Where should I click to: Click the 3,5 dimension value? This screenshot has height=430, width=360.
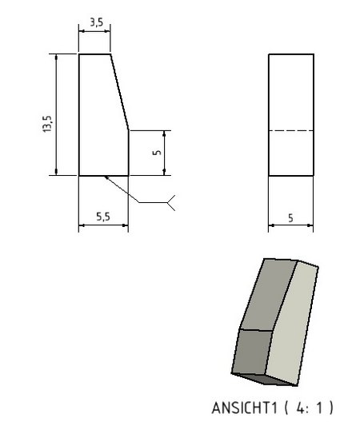tap(97, 22)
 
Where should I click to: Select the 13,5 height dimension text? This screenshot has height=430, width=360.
tap(47, 124)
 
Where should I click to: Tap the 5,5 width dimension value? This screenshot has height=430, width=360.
tap(103, 217)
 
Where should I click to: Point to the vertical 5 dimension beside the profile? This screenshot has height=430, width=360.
tap(157, 152)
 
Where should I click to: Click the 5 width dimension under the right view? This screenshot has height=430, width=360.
tap(290, 218)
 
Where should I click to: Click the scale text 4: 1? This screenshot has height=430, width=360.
tap(309, 408)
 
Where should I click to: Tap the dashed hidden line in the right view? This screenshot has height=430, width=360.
tap(291, 130)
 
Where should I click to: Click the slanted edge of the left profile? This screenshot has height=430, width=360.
tap(119, 91)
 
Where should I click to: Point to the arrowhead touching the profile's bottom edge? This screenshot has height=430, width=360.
tap(106, 177)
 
